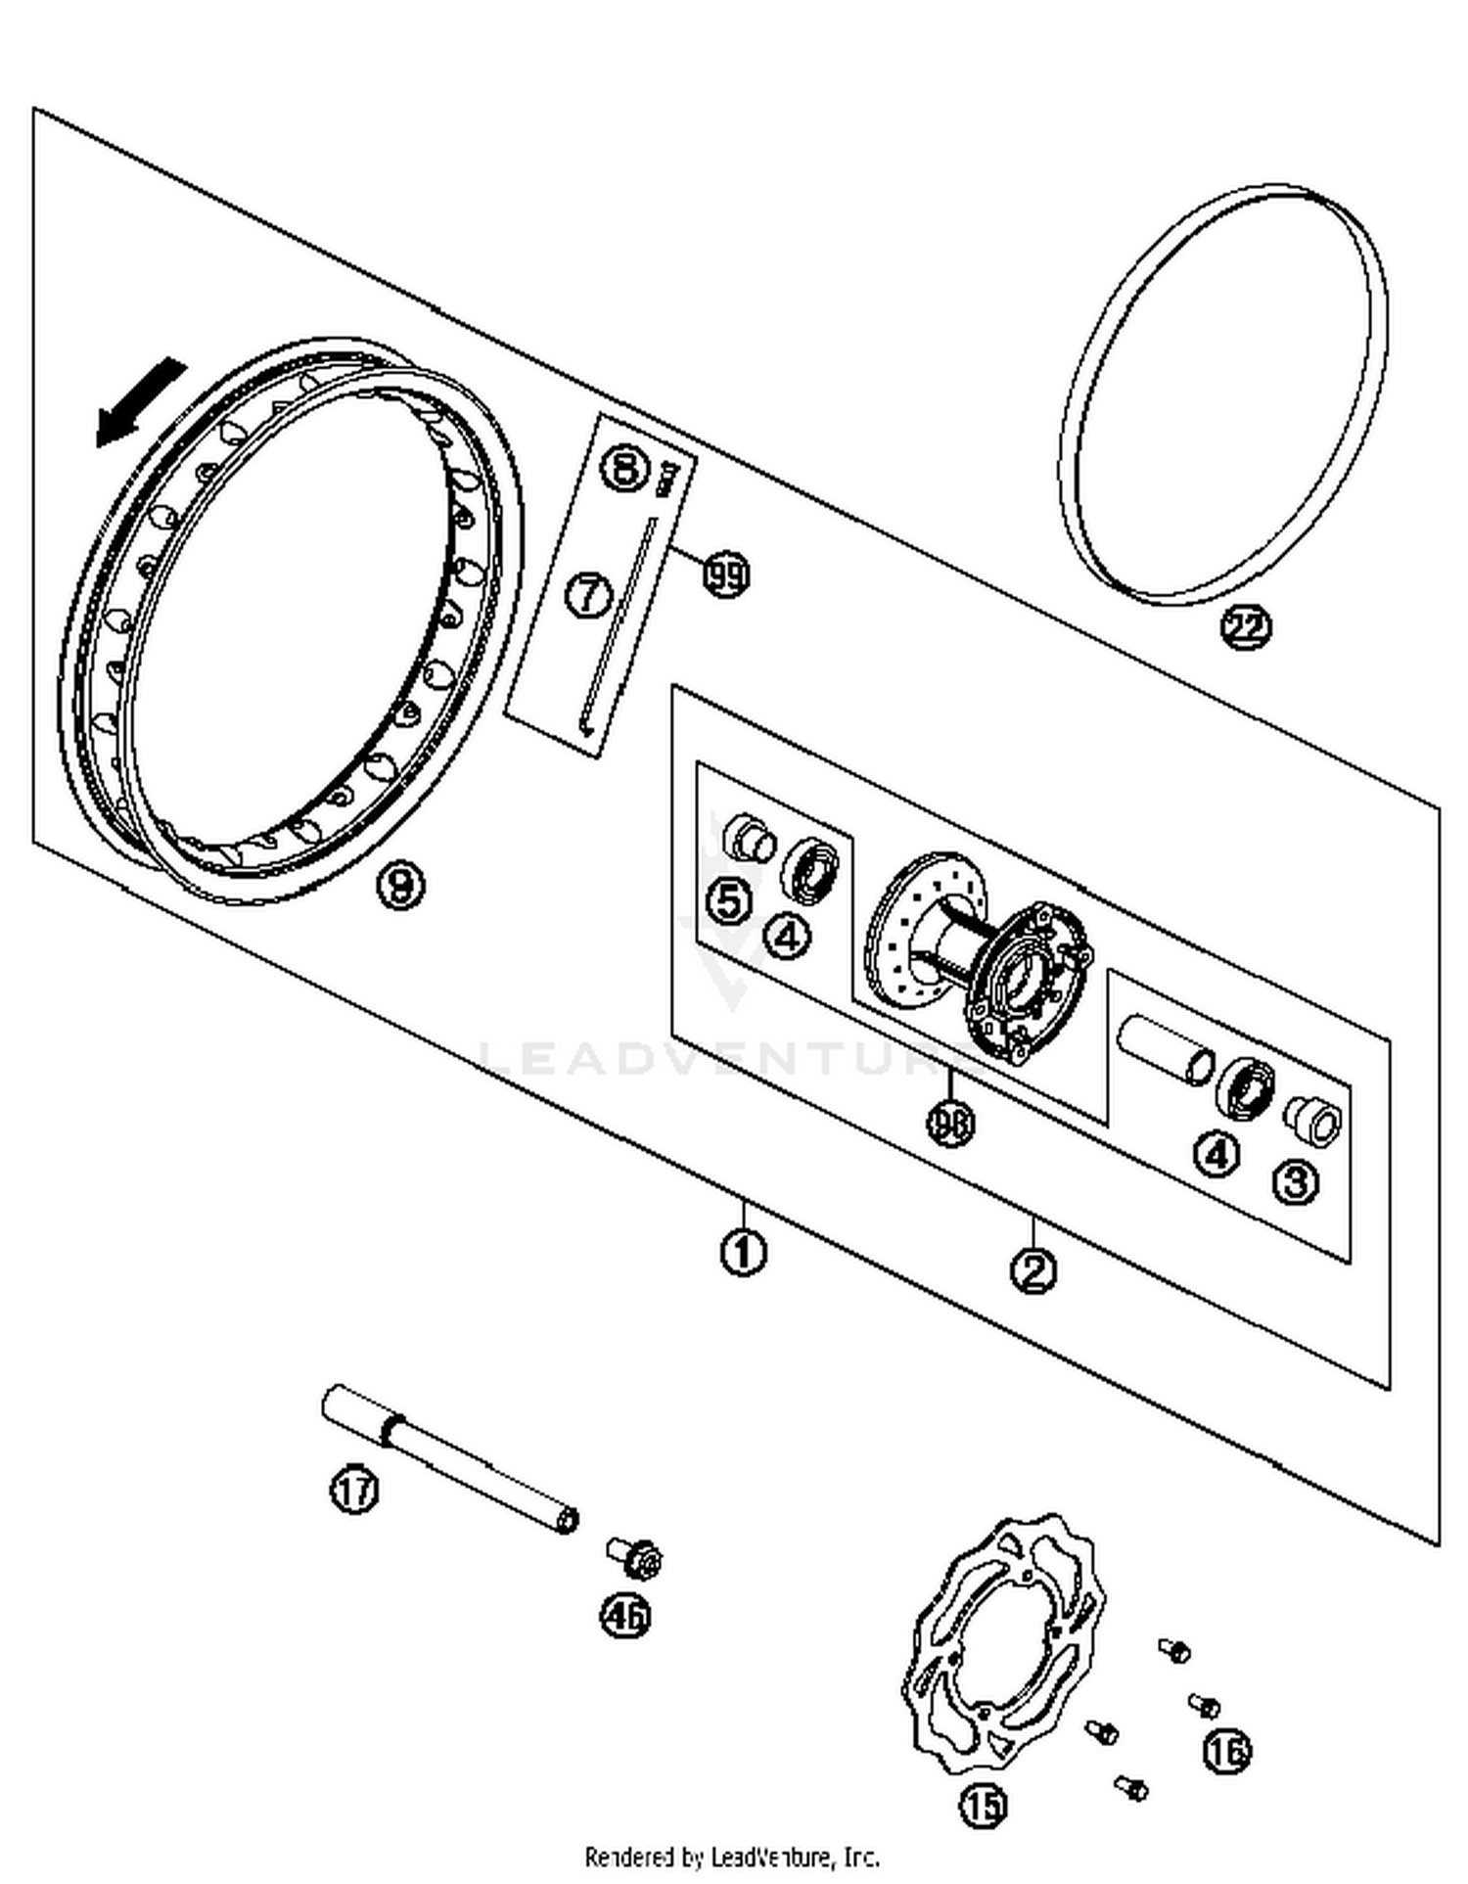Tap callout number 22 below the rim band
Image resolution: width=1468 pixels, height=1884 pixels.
click(1245, 626)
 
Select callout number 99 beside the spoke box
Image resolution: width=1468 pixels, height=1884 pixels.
click(726, 575)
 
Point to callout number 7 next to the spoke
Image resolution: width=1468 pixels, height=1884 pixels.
click(589, 594)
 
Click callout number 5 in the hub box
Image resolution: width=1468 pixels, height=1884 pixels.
click(730, 900)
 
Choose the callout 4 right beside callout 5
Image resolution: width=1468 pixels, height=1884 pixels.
click(788, 937)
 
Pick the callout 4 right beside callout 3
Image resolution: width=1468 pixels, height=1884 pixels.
click(1216, 1155)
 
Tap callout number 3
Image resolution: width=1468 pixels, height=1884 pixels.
click(1295, 1182)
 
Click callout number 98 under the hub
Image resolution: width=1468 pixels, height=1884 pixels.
click(950, 1124)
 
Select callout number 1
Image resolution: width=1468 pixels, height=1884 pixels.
click(743, 1252)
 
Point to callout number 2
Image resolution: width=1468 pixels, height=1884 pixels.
click(1033, 1271)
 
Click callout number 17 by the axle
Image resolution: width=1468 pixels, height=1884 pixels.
click(353, 1491)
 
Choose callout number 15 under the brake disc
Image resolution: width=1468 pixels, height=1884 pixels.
click(983, 1806)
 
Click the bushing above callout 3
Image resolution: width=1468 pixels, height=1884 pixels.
click(1313, 1118)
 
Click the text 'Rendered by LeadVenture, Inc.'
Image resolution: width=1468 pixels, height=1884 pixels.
click(732, 1857)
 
